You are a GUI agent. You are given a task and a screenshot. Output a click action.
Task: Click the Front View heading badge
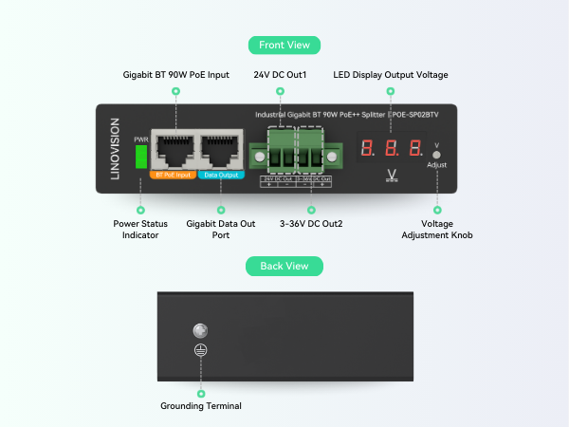[284, 45]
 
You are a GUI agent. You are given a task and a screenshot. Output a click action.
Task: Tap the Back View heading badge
[284, 266]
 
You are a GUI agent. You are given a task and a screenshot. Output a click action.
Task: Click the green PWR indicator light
[141, 157]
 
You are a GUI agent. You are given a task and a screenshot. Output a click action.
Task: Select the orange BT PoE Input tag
[172, 175]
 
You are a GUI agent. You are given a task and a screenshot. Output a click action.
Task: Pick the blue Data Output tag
[220, 175]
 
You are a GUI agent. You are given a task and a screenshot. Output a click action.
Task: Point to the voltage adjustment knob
[436, 153]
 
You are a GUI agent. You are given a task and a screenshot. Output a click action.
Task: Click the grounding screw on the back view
[200, 331]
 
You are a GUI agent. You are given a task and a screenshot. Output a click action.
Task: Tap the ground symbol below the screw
[200, 349]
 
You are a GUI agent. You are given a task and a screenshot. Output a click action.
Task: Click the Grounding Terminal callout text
[201, 406]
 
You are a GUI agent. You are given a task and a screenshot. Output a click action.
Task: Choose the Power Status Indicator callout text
[140, 229]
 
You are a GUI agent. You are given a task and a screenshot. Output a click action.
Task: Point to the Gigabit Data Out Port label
[221, 229]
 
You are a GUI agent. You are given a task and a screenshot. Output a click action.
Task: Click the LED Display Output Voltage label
[391, 74]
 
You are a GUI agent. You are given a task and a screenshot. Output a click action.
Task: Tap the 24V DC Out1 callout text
[281, 74]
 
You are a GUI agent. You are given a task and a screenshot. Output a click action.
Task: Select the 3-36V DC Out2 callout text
[311, 224]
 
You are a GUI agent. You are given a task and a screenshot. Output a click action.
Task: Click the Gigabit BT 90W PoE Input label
[176, 74]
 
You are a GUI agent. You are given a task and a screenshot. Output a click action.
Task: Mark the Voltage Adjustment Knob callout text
[436, 229]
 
